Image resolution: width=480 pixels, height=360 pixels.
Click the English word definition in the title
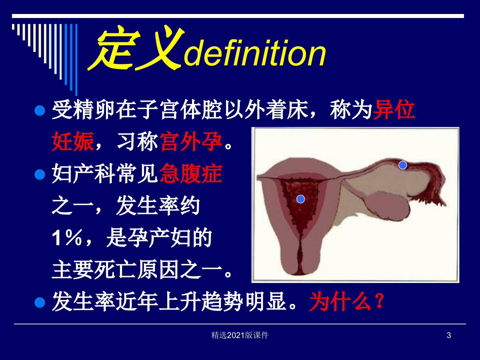pyautogui.click(x=255, y=53)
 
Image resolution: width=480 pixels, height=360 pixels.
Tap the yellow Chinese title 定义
pyautogui.click(x=136, y=48)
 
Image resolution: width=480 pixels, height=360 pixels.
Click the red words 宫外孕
pyautogui.click(x=191, y=141)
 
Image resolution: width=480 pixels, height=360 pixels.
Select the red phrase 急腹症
pyautogui.click(x=191, y=173)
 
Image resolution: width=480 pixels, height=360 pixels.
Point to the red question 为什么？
pyautogui.click(x=347, y=301)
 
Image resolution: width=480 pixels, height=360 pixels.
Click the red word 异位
pyautogui.click(x=394, y=110)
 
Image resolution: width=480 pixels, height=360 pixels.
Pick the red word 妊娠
pyautogui.click(x=73, y=141)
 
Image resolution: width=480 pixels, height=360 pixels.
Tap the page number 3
pyautogui.click(x=449, y=335)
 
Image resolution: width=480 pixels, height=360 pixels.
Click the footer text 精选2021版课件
pyautogui.click(x=240, y=335)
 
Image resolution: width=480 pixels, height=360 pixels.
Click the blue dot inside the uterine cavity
pyautogui.click(x=301, y=199)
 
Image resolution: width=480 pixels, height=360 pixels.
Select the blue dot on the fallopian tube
pyautogui.click(x=403, y=165)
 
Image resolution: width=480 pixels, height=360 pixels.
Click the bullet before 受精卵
pyautogui.click(x=40, y=111)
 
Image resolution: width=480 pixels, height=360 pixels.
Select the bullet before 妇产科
pyautogui.click(x=40, y=175)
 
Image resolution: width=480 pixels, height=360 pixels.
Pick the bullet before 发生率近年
pyautogui.click(x=40, y=303)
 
